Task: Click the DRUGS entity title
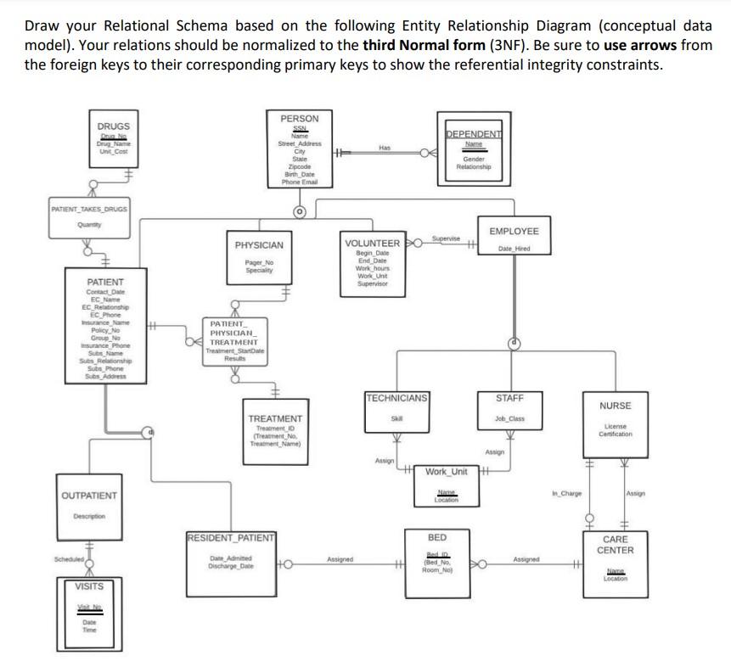(113, 126)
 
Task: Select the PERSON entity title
(299, 119)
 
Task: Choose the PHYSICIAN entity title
(259, 245)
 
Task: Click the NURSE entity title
(615, 406)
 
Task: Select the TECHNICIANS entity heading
(396, 397)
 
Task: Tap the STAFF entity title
(509, 397)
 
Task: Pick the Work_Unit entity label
(447, 471)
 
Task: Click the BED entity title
(436, 537)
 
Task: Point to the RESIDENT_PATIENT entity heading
(231, 537)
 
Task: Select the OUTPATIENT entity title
(89, 495)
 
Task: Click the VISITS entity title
(89, 586)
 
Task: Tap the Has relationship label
(385, 147)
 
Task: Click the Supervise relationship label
(446, 238)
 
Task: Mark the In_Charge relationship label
(566, 493)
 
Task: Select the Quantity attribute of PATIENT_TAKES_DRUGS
(89, 225)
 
